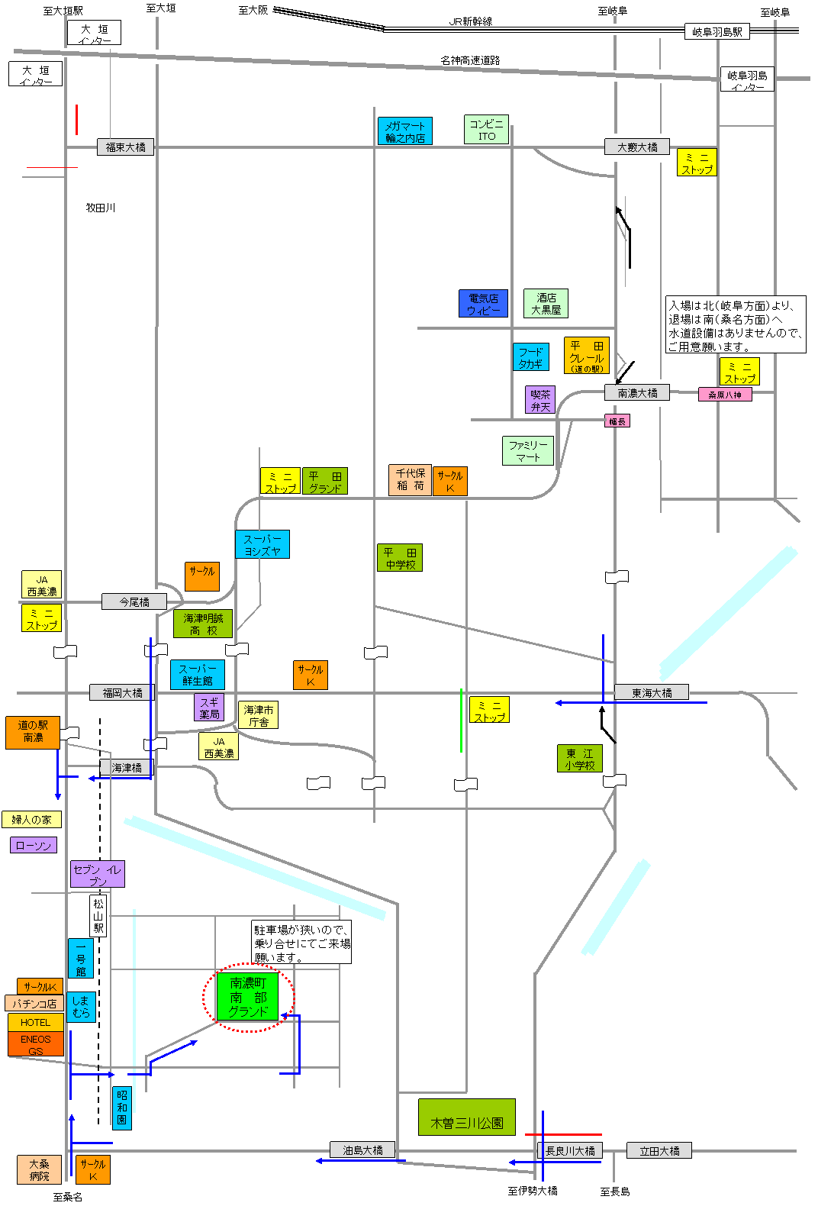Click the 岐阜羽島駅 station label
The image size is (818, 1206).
point(717,31)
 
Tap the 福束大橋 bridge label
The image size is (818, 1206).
point(126,147)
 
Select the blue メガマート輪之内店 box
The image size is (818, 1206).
point(404,131)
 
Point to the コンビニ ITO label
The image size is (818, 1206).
point(486,130)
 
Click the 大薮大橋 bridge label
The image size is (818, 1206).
point(637,147)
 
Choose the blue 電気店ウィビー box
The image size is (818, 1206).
point(483,304)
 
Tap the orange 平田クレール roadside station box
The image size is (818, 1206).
point(586,356)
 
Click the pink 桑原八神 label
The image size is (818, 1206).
point(724,395)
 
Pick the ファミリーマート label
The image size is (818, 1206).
point(527,450)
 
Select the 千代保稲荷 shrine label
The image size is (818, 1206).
point(410,479)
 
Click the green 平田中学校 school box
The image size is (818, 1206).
point(400,558)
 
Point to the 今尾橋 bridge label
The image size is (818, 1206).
point(134,602)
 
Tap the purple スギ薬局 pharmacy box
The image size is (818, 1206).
point(209,708)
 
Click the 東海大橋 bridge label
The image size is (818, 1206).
point(652,692)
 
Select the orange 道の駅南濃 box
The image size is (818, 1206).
point(33,732)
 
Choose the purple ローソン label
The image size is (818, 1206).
point(34,845)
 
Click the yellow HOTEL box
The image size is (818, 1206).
point(36,1022)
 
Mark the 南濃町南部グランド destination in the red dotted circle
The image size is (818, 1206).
point(248,998)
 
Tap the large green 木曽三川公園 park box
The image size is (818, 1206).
point(466,1117)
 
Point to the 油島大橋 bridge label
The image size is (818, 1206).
point(362,1150)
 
